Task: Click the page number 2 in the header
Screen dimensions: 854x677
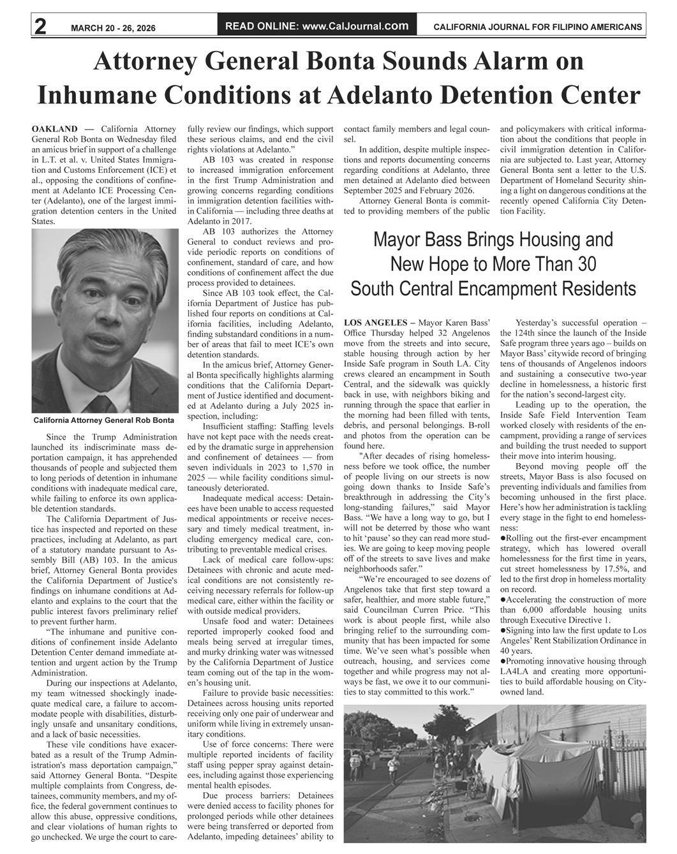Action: point(40,27)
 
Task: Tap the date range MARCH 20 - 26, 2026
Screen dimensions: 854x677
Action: point(113,28)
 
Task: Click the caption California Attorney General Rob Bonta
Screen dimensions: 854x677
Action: point(104,421)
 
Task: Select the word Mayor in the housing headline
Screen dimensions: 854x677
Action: point(399,240)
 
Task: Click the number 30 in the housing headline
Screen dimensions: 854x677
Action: point(587,264)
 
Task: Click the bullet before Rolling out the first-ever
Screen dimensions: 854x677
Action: point(503,538)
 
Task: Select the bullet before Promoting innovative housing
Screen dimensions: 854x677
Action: point(503,661)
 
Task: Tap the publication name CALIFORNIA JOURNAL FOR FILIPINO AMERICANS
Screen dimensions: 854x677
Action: point(537,27)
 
